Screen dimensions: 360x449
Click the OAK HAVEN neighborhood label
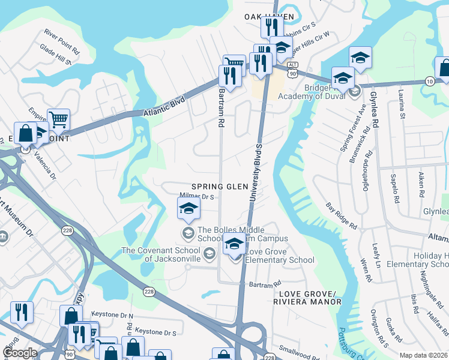click(269, 16)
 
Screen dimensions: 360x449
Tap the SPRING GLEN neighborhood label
click(220, 187)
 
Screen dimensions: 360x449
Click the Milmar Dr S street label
click(197, 196)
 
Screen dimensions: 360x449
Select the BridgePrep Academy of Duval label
click(330, 91)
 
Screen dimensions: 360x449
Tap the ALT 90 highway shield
click(292, 69)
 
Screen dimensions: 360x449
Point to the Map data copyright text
click(423, 355)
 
